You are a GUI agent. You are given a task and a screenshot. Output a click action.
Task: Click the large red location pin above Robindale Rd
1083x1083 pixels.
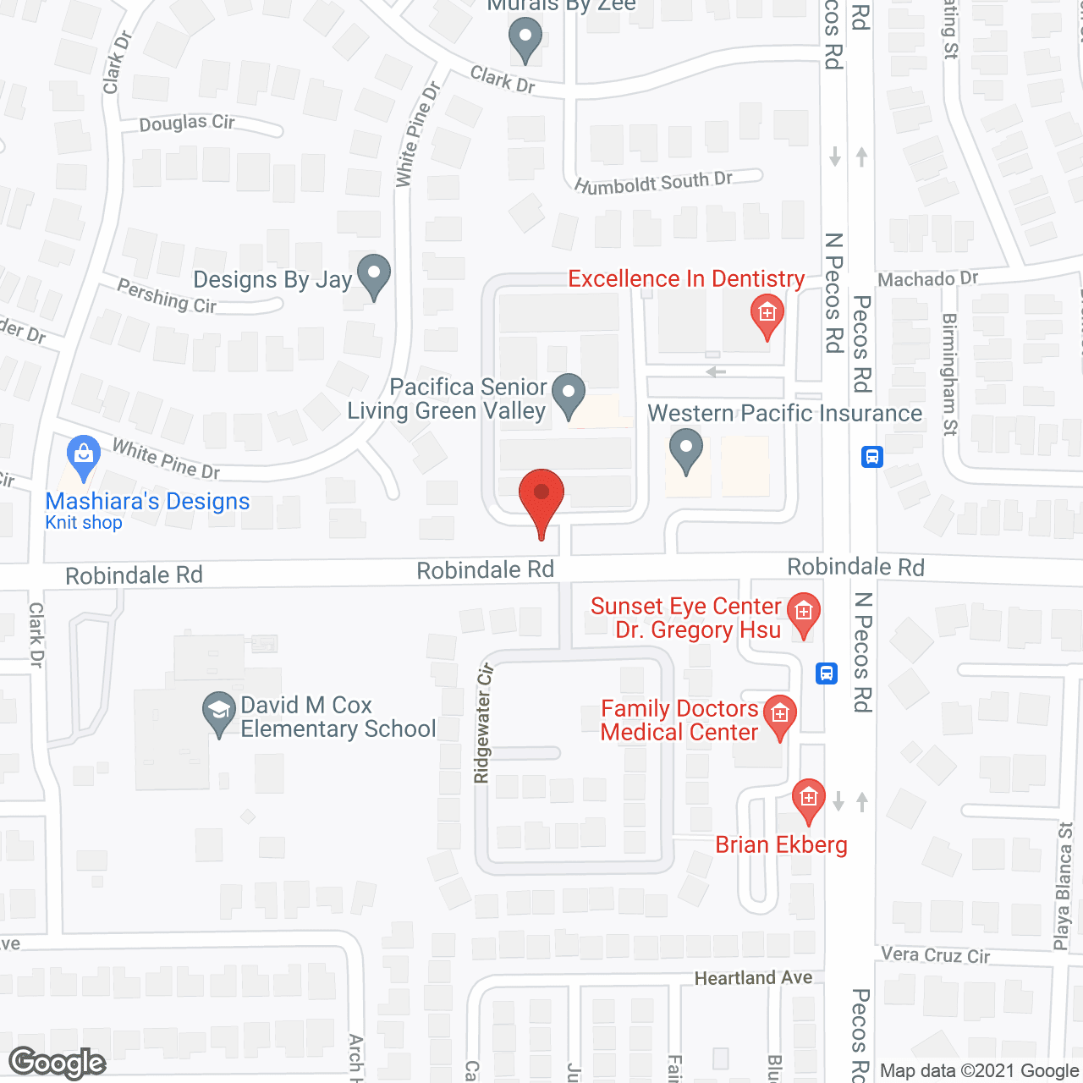541,495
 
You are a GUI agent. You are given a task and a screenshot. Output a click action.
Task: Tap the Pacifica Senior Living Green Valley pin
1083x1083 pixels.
569,393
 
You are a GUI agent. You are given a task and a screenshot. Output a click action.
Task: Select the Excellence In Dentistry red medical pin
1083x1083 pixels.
767,315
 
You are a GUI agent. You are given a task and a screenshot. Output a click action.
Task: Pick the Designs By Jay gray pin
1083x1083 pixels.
373,274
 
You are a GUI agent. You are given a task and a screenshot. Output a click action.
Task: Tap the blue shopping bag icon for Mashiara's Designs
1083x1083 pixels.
84,457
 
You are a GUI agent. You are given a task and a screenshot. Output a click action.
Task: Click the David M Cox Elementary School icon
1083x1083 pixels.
219,712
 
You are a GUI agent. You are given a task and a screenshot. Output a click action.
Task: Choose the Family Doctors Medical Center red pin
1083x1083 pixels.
779,716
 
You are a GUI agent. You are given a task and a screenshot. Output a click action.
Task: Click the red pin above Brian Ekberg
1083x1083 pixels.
808,799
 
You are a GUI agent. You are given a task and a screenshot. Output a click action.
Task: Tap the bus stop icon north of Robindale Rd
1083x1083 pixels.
872,457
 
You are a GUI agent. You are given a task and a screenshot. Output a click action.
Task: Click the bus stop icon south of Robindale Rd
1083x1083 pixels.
827,673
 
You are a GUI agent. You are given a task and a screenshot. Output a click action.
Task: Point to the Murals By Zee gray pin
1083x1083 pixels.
525,39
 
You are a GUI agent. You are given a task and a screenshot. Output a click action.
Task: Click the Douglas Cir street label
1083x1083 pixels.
187,124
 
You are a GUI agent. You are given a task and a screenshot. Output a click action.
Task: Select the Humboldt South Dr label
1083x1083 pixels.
653,182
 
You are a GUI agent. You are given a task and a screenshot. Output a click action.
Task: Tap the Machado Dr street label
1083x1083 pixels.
927,279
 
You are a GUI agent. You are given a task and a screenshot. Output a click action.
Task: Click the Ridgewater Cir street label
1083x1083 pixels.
484,723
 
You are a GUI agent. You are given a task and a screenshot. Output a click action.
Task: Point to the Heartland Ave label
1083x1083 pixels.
753,978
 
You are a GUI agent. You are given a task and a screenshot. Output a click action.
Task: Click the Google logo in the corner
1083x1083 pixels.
58,1063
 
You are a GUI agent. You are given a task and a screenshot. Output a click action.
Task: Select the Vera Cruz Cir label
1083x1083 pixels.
935,955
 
